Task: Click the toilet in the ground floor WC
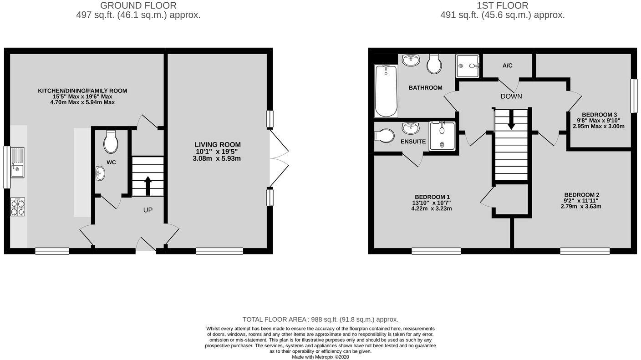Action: pyautogui.click(x=111, y=142)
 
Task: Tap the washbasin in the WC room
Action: pyautogui.click(x=100, y=173)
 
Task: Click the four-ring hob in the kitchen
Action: pyautogui.click(x=17, y=207)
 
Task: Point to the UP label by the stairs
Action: pyautogui.click(x=148, y=210)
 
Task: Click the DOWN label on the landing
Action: pyautogui.click(x=511, y=96)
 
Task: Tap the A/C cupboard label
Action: pyautogui.click(x=508, y=66)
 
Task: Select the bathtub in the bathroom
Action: pyautogui.click(x=386, y=91)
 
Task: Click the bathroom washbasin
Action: pyautogui.click(x=411, y=60)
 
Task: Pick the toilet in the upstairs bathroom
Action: pyautogui.click(x=434, y=64)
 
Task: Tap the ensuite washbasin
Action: pyautogui.click(x=411, y=128)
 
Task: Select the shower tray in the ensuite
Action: pyautogui.click(x=442, y=135)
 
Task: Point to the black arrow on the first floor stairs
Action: pyautogui.click(x=511, y=121)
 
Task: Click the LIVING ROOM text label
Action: pyautogui.click(x=218, y=145)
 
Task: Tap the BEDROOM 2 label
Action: pyautogui.click(x=581, y=195)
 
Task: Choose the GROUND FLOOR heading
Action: pyautogui.click(x=138, y=5)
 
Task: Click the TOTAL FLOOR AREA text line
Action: pyautogui.click(x=320, y=319)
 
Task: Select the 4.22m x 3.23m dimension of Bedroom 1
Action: pyautogui.click(x=432, y=209)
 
